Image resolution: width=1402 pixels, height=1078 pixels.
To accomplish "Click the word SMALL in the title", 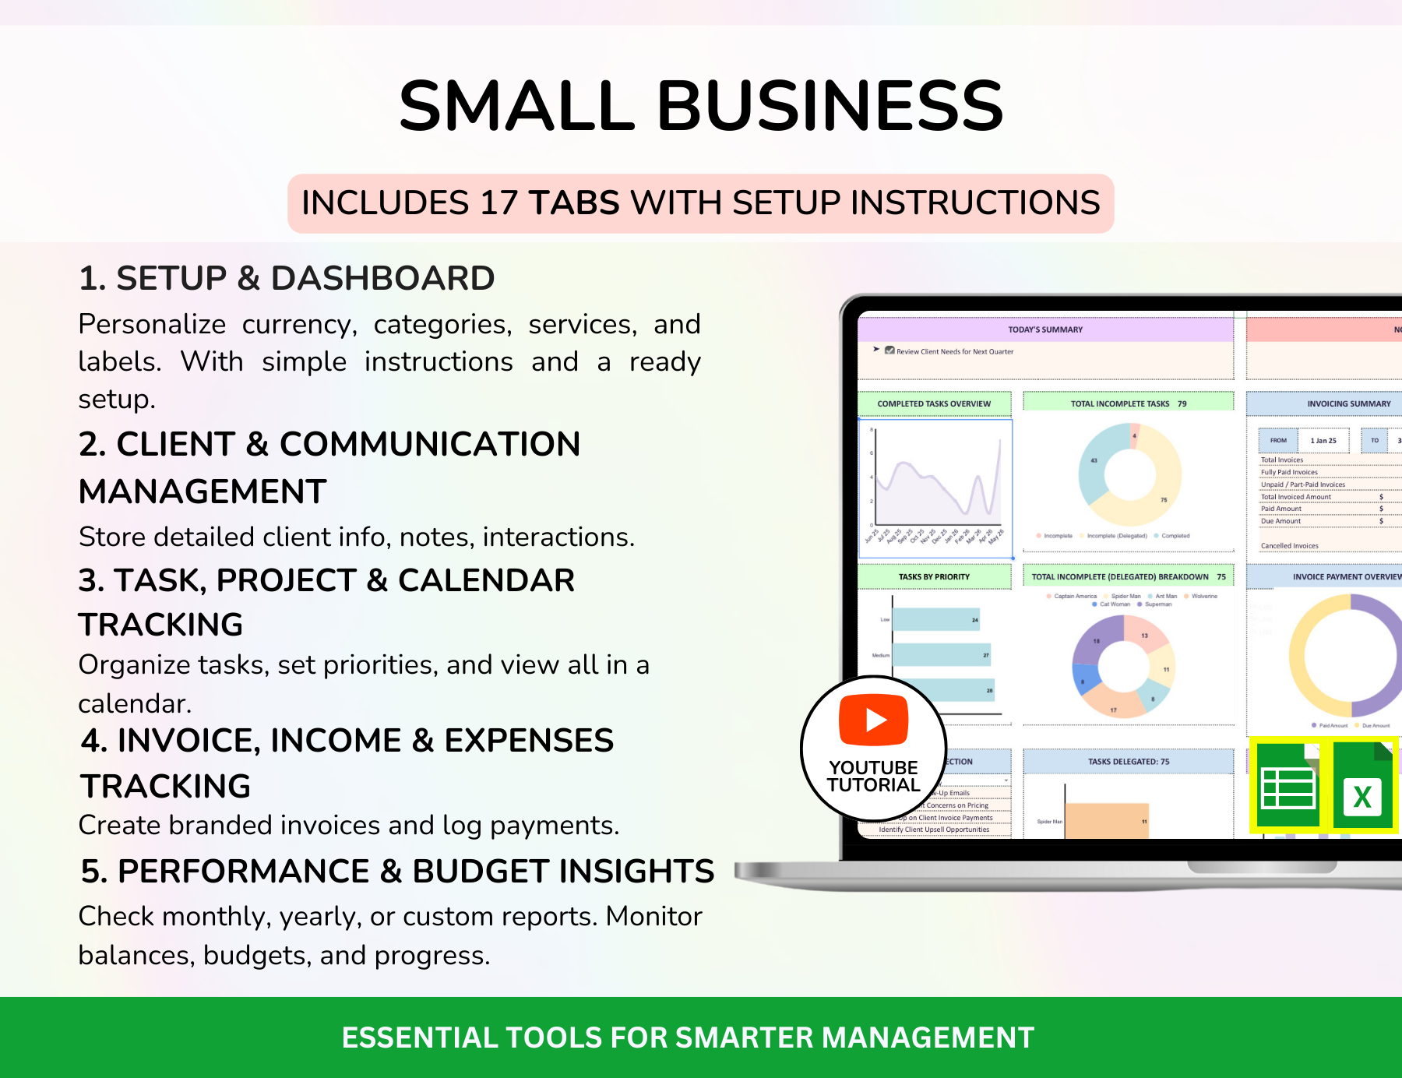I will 517,106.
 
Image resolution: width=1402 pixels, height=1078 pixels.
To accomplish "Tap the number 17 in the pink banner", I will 499,203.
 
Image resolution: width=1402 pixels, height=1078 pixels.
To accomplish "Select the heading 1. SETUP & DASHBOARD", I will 287,278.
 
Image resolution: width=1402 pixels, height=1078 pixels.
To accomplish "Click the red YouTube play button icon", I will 873,720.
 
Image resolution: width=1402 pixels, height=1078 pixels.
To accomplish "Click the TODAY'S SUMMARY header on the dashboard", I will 1045,329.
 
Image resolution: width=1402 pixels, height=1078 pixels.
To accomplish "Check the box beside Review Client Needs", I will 889,351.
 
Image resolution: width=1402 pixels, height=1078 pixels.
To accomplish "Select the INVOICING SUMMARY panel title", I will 1348,403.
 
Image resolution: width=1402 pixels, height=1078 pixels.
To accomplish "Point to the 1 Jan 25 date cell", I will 1323,441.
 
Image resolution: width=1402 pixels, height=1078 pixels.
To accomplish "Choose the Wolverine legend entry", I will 1203,596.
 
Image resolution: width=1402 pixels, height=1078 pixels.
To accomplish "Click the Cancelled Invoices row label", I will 1289,546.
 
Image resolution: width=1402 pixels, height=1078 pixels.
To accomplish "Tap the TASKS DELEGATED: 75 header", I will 1128,762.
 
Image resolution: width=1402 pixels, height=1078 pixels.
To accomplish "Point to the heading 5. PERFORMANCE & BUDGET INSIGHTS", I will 397,871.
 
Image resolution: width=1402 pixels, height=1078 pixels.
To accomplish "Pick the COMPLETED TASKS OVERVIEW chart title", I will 934,403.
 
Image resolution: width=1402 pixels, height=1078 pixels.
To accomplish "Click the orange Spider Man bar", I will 1106,822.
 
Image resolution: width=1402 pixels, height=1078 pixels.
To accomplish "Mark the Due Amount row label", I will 1280,521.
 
